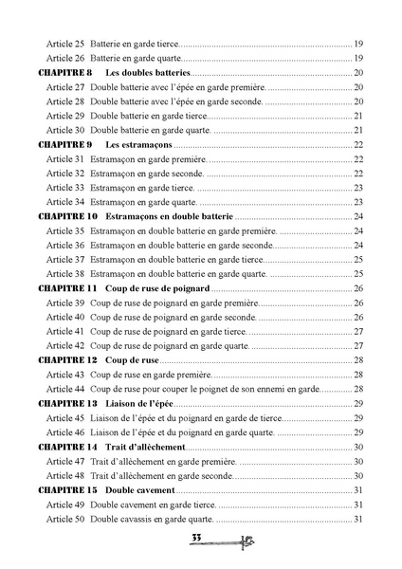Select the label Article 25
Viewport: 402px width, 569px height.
(65, 44)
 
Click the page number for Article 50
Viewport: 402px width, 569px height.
(359, 519)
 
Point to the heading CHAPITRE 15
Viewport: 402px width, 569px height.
(66, 489)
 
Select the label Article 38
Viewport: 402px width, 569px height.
(65, 273)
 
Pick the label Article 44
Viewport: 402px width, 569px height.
(65, 389)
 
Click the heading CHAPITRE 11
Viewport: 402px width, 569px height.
(66, 288)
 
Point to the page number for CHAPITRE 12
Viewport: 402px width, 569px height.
(359, 360)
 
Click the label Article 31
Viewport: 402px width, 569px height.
(65, 158)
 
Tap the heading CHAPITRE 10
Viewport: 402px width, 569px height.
(66, 216)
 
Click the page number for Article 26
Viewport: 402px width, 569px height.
(359, 58)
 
